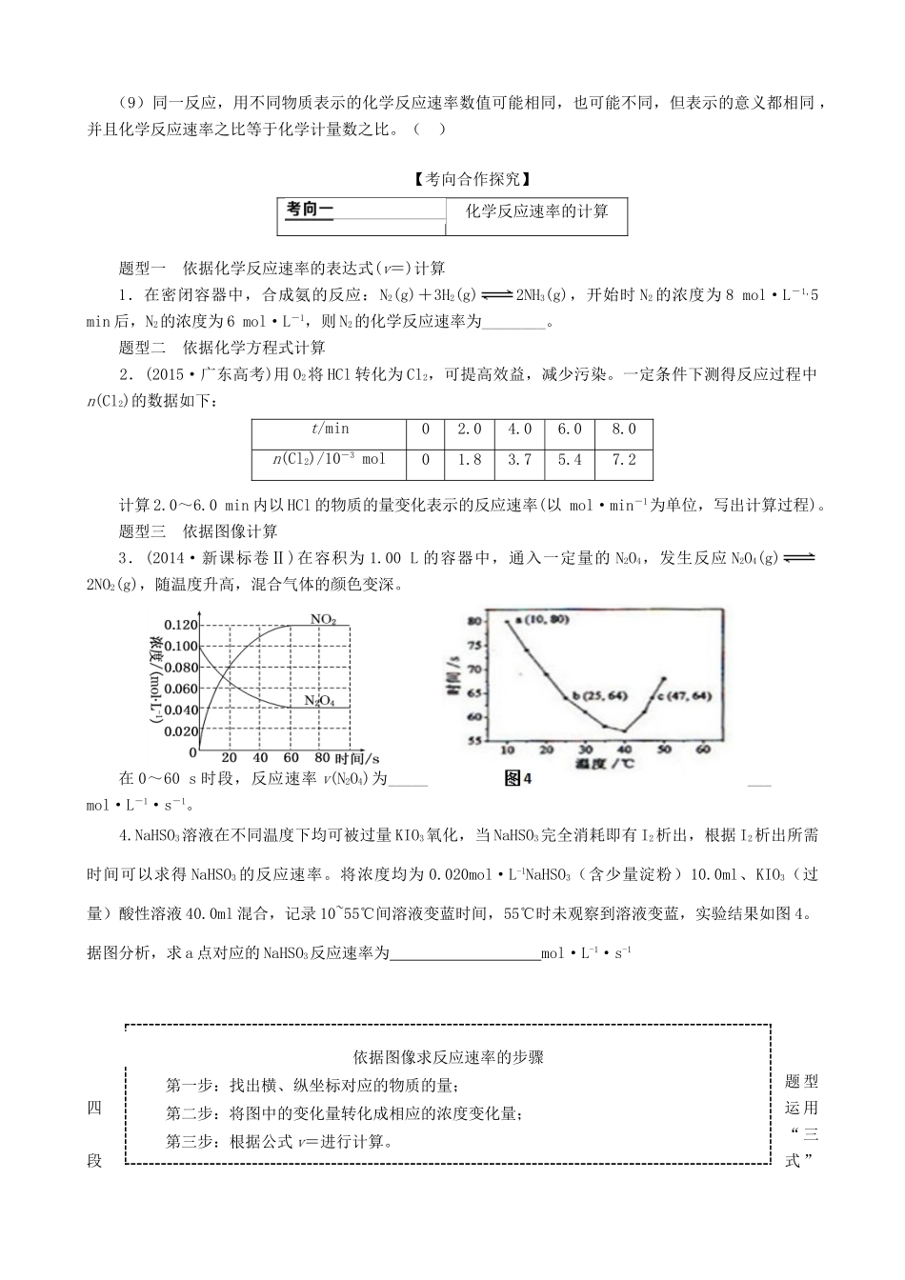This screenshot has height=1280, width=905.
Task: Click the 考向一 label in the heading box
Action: point(311,210)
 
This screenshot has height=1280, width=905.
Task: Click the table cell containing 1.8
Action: point(470,460)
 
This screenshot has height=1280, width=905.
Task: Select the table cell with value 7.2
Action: point(624,460)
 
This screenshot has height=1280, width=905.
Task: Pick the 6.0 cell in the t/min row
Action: point(570,430)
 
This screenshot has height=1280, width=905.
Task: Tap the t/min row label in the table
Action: point(330,430)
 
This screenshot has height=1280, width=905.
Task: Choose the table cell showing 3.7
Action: point(520,460)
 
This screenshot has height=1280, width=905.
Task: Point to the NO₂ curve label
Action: point(323,620)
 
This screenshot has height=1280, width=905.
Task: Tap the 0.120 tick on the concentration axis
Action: point(180,625)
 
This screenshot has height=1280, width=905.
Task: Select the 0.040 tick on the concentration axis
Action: point(180,710)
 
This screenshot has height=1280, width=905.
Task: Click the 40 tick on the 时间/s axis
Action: point(260,758)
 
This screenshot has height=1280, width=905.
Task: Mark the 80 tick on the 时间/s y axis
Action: point(475,621)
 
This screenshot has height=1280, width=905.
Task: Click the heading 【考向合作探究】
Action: point(452,178)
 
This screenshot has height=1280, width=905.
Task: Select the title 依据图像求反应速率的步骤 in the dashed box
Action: point(448,1057)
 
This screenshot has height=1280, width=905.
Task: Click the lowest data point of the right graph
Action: point(624,730)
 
